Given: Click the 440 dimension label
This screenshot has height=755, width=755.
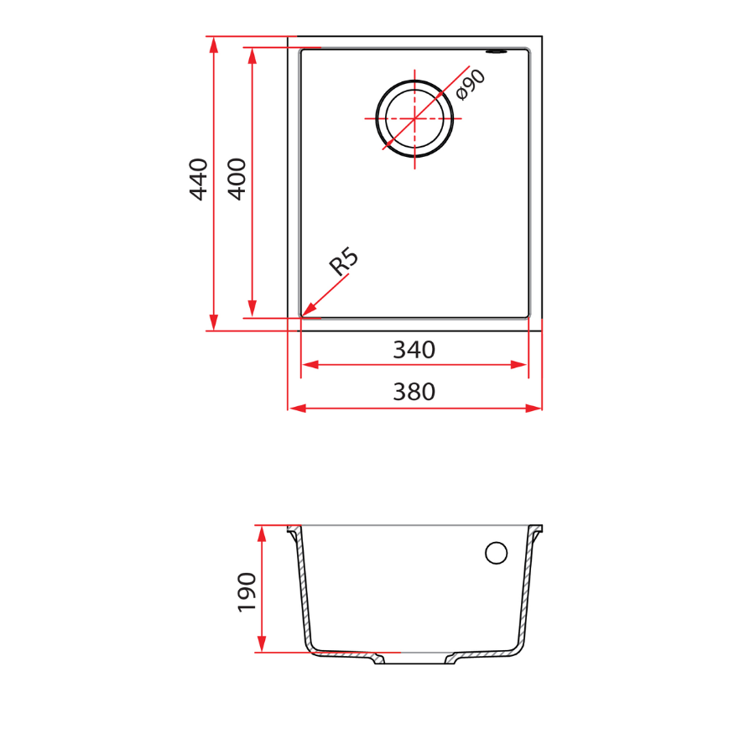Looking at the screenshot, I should coord(198,179).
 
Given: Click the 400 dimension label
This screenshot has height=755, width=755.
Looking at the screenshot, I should coord(237,179).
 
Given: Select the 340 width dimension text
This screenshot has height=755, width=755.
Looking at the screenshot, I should coord(414,350).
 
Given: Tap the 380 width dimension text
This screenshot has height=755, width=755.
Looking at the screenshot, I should coord(414,392).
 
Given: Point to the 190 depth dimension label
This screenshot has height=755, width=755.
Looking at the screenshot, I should coord(246,591).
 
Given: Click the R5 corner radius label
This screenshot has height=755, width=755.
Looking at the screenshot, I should coord(343,262).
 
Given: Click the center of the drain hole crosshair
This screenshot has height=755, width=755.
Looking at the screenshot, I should coord(414,118).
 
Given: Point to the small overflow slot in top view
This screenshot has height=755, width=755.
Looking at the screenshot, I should coord(501,52).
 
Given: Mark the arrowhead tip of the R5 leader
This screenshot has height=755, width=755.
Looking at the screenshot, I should coord(304,315).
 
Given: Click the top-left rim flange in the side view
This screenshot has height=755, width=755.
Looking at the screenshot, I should coord(293,530).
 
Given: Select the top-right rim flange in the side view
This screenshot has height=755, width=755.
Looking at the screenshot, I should coord(536,530).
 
